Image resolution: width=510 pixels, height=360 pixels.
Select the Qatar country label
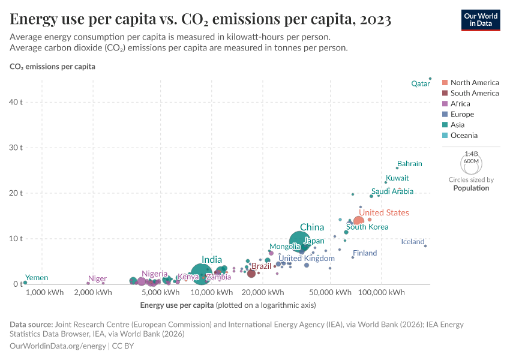click(420, 84)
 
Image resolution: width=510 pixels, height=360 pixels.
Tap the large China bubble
click(299, 241)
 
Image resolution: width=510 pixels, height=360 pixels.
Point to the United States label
click(384, 212)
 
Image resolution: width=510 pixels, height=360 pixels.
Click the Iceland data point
click(425, 246)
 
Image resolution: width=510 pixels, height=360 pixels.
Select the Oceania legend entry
click(464, 136)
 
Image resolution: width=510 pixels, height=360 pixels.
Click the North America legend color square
click(445, 83)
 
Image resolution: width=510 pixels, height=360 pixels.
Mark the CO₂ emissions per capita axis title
click(52, 67)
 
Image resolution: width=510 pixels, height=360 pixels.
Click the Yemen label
click(36, 278)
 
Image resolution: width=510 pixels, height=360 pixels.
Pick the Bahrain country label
click(410, 164)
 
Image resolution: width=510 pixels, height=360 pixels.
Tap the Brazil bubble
click(251, 274)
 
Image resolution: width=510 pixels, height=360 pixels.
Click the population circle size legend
click(471, 162)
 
